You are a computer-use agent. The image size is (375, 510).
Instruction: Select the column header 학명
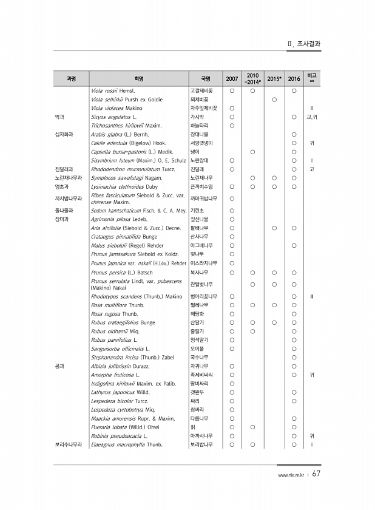tap(138, 79)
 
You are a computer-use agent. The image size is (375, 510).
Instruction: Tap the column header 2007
tap(232, 79)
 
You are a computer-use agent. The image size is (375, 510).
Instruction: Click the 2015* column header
tap(274, 79)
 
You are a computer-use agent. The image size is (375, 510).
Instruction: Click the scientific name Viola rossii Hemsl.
tap(117, 91)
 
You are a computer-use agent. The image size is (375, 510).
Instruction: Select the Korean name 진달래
tap(197, 169)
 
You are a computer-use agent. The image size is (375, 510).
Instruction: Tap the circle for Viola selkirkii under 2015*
tap(274, 100)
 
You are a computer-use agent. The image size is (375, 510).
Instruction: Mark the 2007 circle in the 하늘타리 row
tap(232, 126)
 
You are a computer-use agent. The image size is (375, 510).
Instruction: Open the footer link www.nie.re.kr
tap(289, 475)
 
